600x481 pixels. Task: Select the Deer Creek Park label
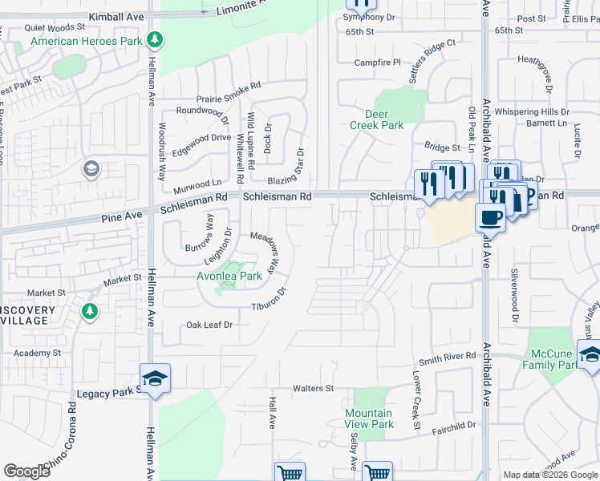377,119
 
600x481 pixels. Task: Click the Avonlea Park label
229,276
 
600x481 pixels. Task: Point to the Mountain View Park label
369,418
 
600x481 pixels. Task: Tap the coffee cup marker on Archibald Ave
490,216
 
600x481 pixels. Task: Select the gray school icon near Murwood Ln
91,168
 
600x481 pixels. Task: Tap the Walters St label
313,389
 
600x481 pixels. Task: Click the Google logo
26,471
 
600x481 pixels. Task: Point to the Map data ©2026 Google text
550,475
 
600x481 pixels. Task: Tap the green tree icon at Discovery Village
90,310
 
